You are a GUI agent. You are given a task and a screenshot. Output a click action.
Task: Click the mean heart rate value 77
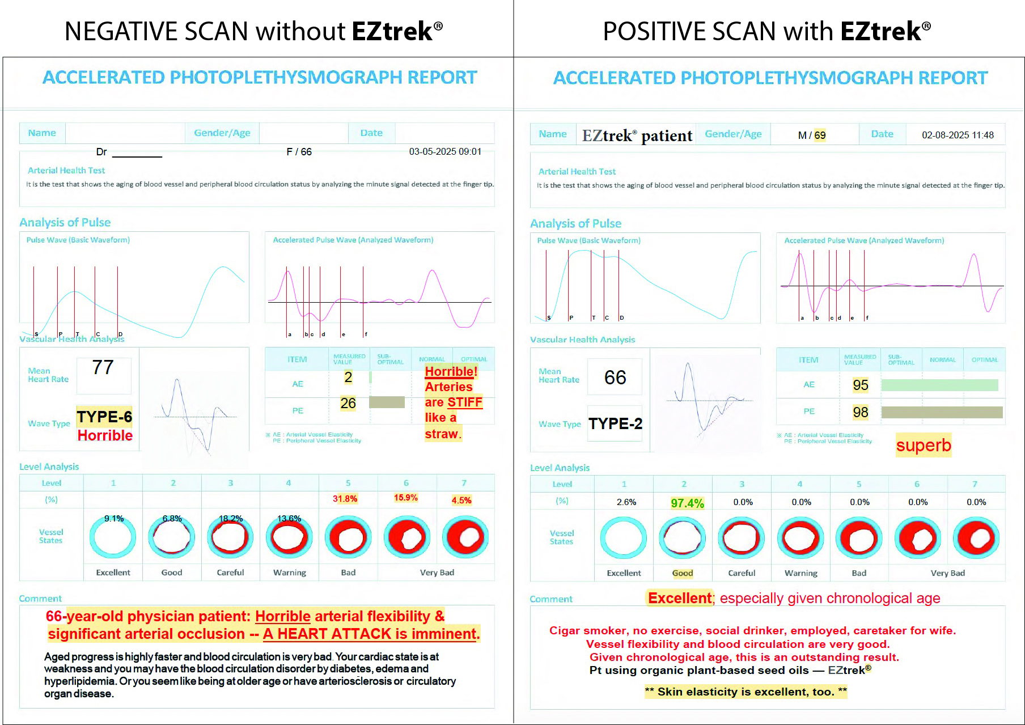103,367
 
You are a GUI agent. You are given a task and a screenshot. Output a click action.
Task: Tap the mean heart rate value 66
615,378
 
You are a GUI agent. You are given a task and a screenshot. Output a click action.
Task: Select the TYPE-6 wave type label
104,417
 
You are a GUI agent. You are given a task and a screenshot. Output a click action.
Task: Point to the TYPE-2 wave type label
615,423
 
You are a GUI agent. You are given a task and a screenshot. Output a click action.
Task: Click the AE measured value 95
860,385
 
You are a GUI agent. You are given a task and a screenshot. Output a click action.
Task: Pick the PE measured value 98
860,412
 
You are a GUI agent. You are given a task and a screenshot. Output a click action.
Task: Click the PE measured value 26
348,403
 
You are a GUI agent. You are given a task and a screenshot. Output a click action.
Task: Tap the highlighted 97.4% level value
687,503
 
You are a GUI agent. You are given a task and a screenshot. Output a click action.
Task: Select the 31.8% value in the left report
345,499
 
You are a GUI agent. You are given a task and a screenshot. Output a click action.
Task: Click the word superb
923,445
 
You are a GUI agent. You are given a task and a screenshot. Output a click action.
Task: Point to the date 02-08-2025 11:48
958,135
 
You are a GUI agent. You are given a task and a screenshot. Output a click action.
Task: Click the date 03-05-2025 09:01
445,151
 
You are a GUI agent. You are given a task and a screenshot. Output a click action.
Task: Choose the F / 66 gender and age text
299,151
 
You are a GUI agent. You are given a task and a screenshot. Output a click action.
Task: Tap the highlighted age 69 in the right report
820,135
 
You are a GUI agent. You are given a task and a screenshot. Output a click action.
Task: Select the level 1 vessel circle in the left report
113,537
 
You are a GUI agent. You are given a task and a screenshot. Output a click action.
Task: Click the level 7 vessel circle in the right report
976,538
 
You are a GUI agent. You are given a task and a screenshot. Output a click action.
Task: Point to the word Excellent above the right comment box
680,598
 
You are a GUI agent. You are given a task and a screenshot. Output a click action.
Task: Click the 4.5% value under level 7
461,500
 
